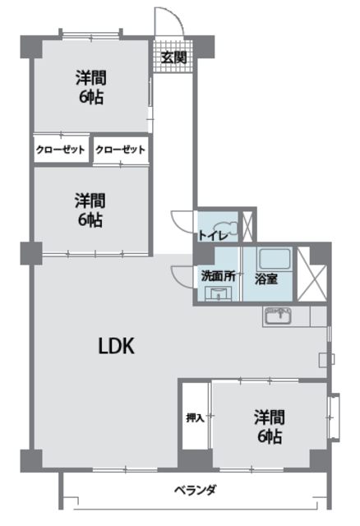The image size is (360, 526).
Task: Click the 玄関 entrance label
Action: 173,57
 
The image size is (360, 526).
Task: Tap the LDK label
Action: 116,346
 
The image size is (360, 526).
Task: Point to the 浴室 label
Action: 265,278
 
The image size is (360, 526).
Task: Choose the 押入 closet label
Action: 195,418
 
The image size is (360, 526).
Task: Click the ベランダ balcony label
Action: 195,491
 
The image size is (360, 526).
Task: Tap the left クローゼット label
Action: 60,150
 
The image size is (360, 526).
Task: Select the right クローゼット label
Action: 120,150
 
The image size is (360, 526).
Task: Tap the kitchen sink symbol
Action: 277,315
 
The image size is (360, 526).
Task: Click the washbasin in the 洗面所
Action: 219,293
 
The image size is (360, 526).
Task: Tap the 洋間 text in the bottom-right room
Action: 269,416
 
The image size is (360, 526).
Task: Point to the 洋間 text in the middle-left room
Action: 90,199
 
